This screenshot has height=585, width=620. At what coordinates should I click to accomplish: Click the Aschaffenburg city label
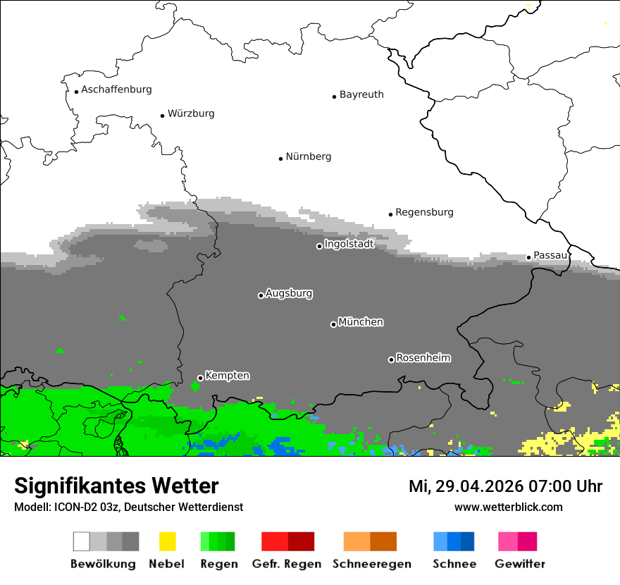(116, 90)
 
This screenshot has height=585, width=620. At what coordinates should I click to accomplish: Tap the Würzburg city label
(191, 113)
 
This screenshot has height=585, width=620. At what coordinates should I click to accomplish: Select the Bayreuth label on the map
(361, 94)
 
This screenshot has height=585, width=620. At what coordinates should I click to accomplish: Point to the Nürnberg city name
(309, 157)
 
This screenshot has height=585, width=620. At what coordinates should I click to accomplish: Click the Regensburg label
(424, 212)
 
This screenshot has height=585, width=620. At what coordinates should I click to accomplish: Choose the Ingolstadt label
(349, 244)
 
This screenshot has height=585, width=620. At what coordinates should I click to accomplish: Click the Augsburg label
(289, 293)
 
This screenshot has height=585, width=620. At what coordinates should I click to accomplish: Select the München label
(361, 322)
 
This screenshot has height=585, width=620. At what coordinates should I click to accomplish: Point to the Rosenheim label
(423, 358)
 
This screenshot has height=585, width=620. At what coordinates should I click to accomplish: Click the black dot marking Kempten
(200, 378)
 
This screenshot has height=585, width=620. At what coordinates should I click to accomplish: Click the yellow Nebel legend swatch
(167, 541)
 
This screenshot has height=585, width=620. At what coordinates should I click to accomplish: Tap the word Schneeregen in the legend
(372, 564)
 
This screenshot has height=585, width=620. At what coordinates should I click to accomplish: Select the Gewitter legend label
(520, 564)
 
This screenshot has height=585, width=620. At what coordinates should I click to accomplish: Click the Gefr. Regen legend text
(287, 564)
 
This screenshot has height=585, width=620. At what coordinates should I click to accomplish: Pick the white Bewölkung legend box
(82, 541)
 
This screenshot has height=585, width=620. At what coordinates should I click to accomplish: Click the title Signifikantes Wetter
(116, 486)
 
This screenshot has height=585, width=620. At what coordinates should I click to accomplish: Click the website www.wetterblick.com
(508, 507)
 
